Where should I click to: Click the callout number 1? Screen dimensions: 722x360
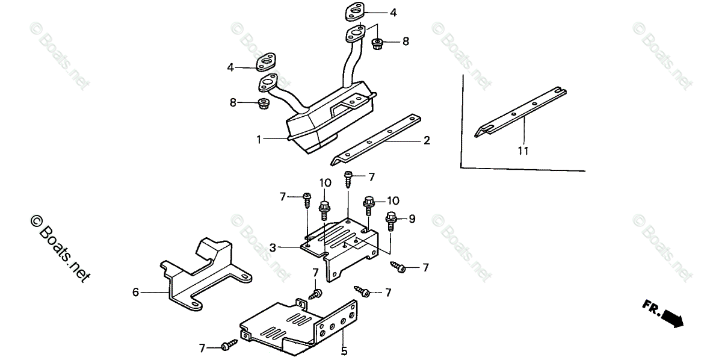click(x=259, y=140)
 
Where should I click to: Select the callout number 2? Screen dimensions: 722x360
click(x=427, y=141)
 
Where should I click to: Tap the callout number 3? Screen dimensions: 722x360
click(x=273, y=247)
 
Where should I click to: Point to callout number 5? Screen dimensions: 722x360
click(x=344, y=350)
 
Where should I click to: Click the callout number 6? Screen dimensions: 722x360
click(x=136, y=293)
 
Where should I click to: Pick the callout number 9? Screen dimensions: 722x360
click(x=412, y=219)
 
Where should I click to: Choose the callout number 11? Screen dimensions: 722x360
click(x=523, y=151)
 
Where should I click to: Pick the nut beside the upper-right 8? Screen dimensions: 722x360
click(x=378, y=43)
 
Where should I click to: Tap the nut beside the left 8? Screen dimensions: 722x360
click(x=263, y=104)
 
